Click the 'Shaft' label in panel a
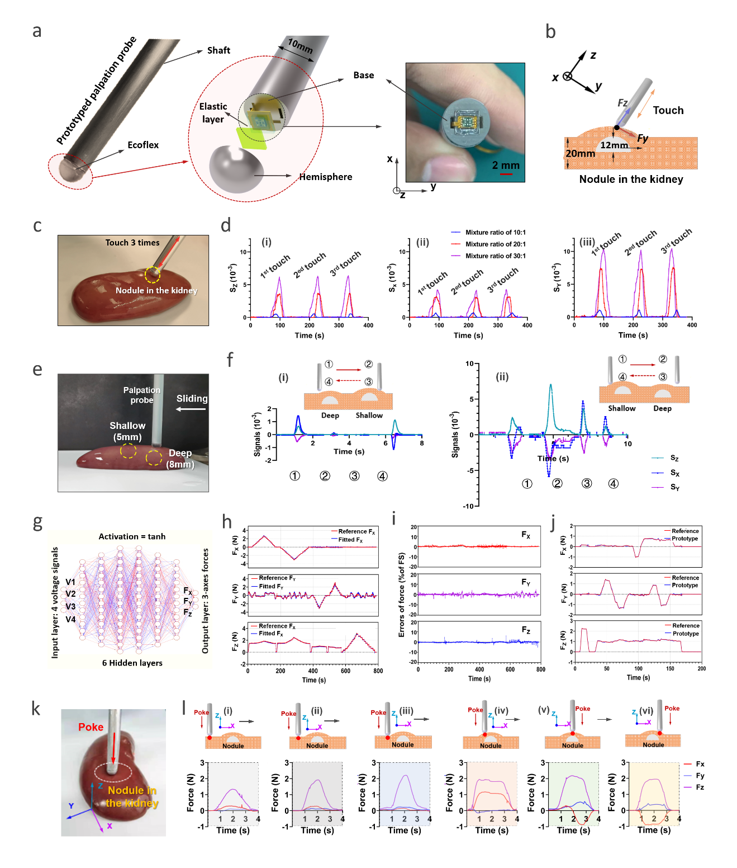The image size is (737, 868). click(x=218, y=50)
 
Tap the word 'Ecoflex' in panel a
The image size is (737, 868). click(x=143, y=145)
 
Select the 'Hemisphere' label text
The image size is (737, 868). click(x=326, y=177)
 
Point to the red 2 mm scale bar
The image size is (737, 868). click(x=506, y=174)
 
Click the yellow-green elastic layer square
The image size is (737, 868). click(x=251, y=138)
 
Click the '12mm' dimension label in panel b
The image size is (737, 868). click(x=614, y=145)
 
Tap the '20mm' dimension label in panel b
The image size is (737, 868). click(x=580, y=154)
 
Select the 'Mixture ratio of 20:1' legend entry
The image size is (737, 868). click(x=495, y=244)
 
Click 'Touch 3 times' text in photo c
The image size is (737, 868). click(x=132, y=243)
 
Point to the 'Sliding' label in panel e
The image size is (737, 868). click(x=192, y=399)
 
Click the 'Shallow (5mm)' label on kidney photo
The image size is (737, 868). click(x=127, y=431)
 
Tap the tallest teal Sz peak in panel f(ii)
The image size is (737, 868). click(x=551, y=385)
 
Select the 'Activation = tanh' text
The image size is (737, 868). click(x=132, y=536)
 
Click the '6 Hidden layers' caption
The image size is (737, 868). click(x=132, y=663)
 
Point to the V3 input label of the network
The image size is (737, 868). click(x=70, y=606)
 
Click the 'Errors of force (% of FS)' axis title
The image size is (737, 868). click(x=401, y=595)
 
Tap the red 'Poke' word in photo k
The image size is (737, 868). click(x=91, y=727)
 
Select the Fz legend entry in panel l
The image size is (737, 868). click(x=700, y=787)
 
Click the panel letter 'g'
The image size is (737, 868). click(x=37, y=522)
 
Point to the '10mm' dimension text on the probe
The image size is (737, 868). click(x=300, y=45)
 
